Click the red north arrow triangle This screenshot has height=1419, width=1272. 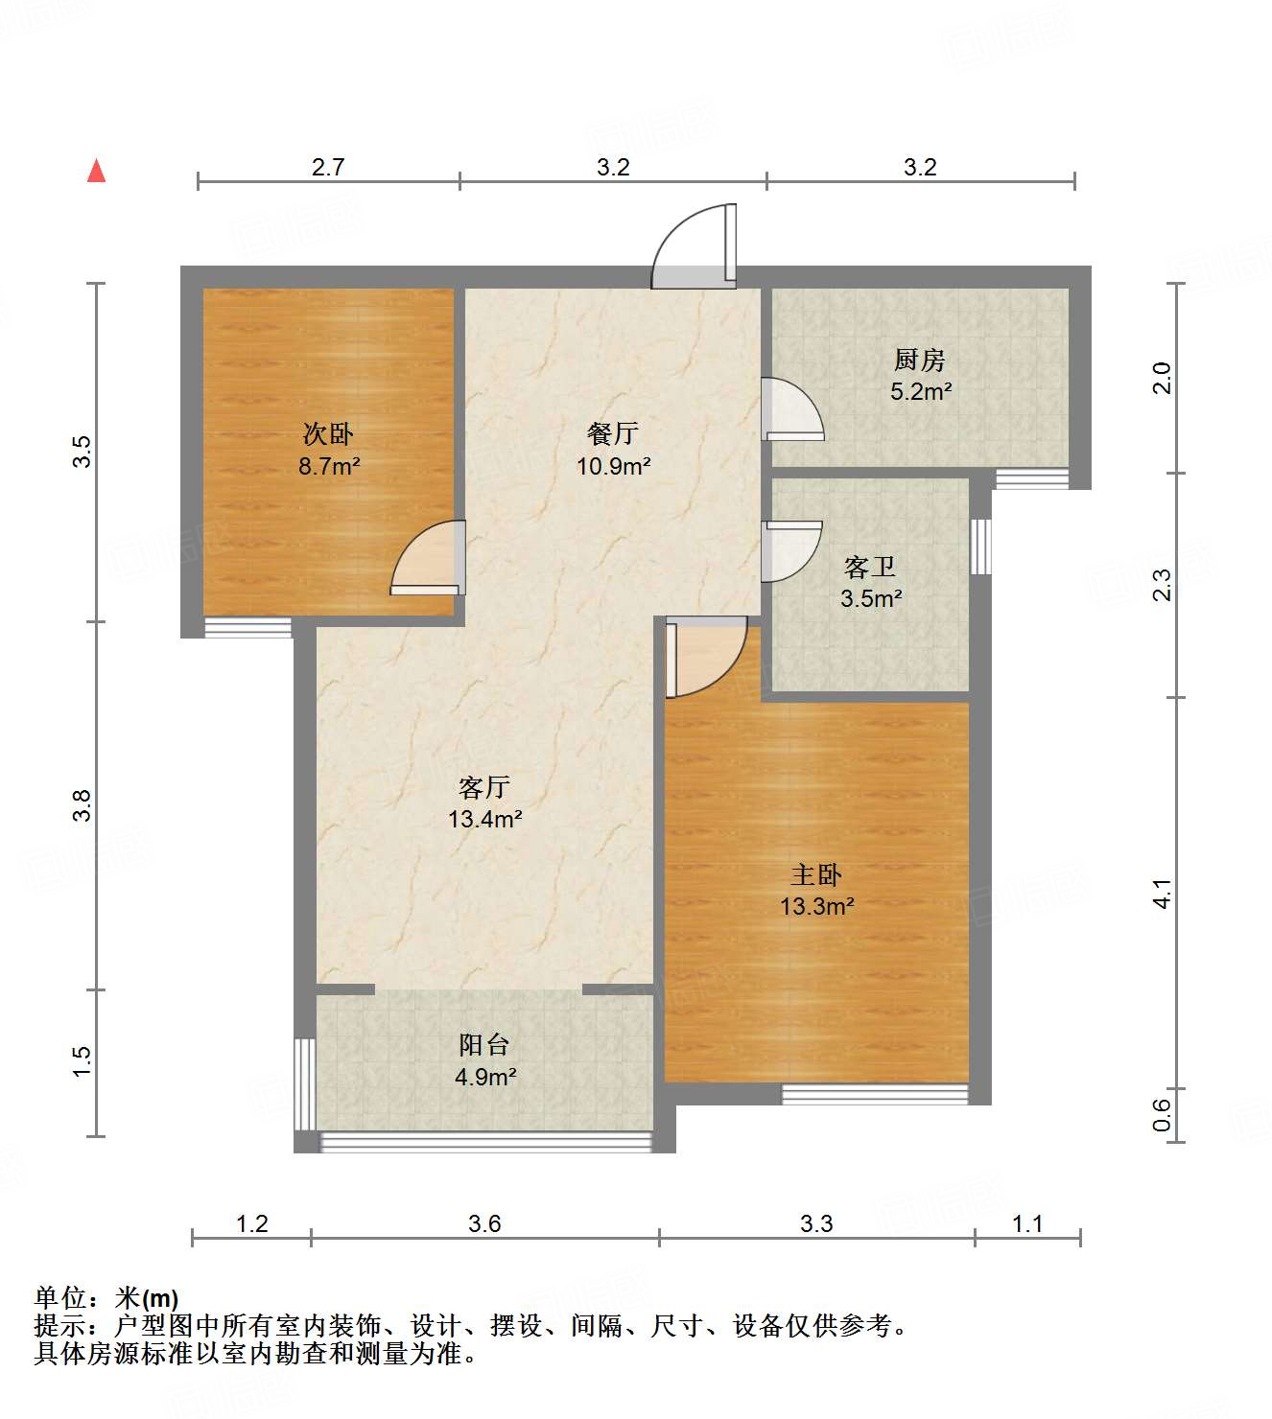pos(96,171)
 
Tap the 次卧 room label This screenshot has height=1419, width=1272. pos(328,434)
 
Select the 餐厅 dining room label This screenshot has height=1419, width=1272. pos(612,434)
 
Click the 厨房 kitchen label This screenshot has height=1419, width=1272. pos(919,361)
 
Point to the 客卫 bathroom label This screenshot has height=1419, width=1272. pos(870,568)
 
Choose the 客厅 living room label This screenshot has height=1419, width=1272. pos(483,788)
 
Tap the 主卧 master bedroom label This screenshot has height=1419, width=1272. pos(816,874)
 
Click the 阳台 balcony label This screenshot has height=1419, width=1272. pos(484,1045)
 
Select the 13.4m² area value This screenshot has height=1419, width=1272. pos(484,820)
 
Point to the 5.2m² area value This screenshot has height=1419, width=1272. pos(921,391)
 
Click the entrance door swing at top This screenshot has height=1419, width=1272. pos(695,247)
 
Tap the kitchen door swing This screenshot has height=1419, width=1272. pos(793,408)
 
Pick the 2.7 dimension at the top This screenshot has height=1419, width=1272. pos(328,168)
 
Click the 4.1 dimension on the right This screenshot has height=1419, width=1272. pos(1162,894)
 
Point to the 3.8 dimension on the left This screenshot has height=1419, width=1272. pos(82,804)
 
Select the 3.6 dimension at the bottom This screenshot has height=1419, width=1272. pos(484,1223)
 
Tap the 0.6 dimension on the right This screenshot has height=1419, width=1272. pos(1162,1114)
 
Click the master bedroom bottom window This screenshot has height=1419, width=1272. pos(874,1093)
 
